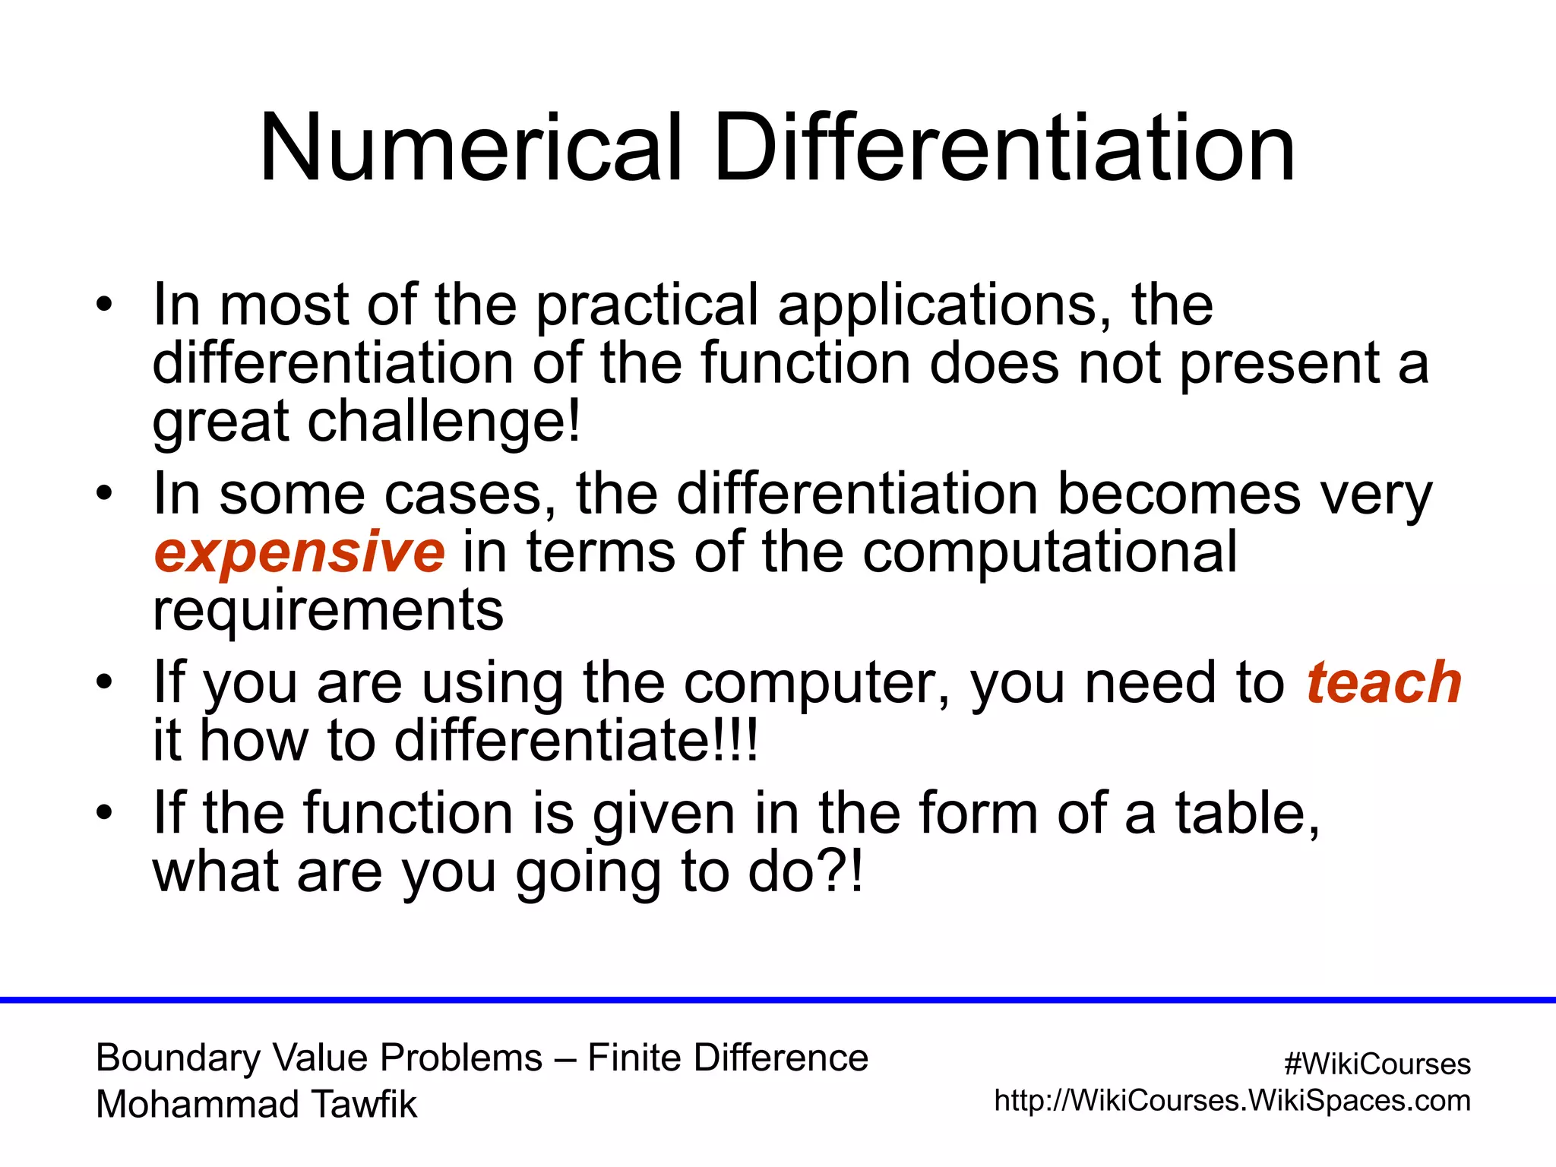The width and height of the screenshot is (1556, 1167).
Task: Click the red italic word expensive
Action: pos(299,552)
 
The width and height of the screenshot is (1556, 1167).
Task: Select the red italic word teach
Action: pos(1384,683)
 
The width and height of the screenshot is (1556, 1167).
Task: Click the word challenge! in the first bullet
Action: pos(444,422)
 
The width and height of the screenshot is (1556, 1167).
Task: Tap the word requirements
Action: pos(327,610)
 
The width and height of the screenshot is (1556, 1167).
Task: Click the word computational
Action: pos(1049,552)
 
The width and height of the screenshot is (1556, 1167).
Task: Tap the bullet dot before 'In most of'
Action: pos(104,306)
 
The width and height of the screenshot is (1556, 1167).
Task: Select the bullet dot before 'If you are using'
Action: pos(104,683)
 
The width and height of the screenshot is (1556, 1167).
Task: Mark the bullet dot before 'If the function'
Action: pos(104,814)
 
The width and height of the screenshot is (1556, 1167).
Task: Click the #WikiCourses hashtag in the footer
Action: pos(1377,1064)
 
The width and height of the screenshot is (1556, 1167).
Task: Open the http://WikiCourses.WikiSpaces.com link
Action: pos(1232,1101)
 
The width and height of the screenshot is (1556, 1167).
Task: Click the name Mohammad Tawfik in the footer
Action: pos(256,1105)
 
